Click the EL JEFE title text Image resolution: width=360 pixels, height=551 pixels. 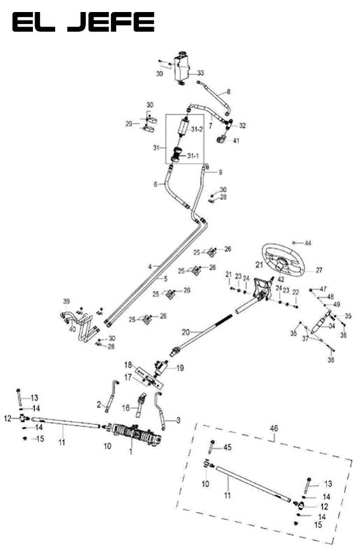(82, 23)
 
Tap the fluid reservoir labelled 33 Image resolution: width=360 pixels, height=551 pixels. (182, 68)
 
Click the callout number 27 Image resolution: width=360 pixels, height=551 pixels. (319, 270)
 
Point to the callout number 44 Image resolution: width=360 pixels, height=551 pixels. (308, 243)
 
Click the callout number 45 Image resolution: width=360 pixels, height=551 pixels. (226, 447)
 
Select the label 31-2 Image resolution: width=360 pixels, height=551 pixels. (197, 129)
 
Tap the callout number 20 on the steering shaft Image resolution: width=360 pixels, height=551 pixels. (186, 331)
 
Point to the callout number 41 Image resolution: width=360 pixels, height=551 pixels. (236, 141)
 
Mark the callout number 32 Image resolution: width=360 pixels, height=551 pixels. (243, 126)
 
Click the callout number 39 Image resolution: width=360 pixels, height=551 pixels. (66, 302)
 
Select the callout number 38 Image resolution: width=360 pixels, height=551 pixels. (331, 359)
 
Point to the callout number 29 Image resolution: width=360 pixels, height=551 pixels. (129, 124)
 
